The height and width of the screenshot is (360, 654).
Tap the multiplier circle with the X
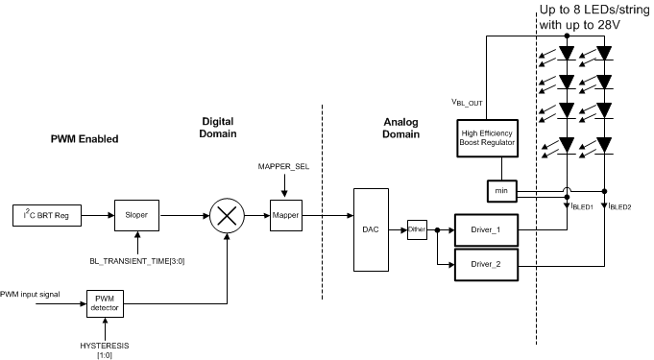click(x=226, y=217)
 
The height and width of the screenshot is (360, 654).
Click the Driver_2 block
click(x=487, y=261)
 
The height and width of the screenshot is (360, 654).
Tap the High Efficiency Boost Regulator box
click(x=487, y=136)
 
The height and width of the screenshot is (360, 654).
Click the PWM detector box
click(x=106, y=302)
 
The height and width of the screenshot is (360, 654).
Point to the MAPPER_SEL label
click(x=284, y=167)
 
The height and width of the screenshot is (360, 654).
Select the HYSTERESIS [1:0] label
click(x=106, y=347)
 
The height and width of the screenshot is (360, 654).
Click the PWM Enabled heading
click(x=85, y=139)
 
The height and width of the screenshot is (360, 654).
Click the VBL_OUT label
click(x=467, y=101)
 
